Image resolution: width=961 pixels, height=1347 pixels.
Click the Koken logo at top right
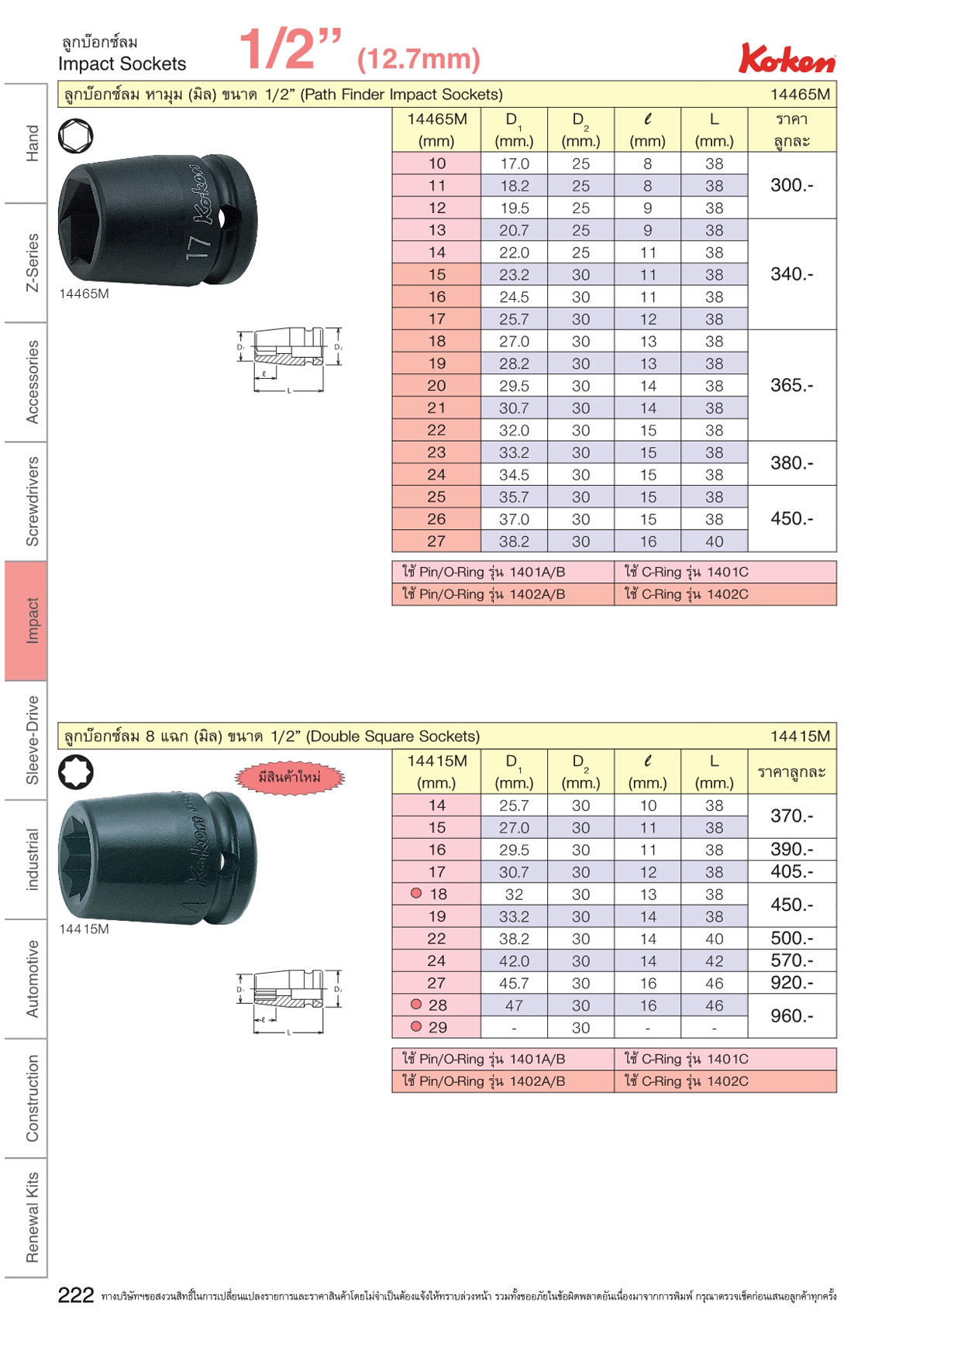pyautogui.click(x=787, y=58)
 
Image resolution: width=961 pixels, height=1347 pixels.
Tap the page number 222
pyautogui.click(x=76, y=1295)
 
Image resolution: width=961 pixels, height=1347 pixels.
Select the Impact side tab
pyautogui.click(x=26, y=621)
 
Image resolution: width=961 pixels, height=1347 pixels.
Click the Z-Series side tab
pyautogui.click(x=32, y=263)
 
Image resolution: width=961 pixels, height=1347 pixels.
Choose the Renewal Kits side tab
pyautogui.click(x=32, y=1217)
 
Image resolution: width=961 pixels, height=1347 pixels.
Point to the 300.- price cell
pyautogui.click(x=792, y=185)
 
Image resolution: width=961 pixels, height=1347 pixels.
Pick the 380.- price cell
pyautogui.click(x=792, y=463)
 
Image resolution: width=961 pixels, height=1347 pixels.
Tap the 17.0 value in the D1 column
pyautogui.click(x=514, y=163)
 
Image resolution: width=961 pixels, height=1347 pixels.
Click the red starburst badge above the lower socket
pyautogui.click(x=289, y=778)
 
